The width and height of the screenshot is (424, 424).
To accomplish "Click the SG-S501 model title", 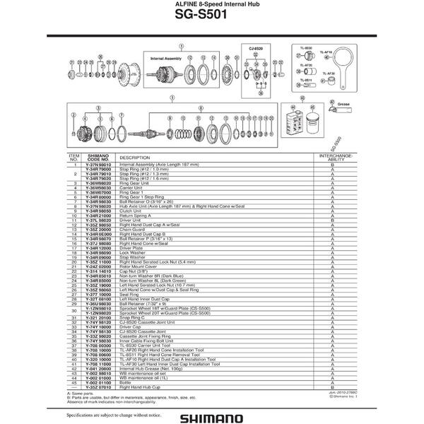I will pyautogui.click(x=211, y=19).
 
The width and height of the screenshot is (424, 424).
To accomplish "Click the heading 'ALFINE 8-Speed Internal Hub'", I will pyautogui.click(x=212, y=6).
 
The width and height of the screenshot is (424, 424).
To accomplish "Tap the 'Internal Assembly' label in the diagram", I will pyautogui.click(x=166, y=53).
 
